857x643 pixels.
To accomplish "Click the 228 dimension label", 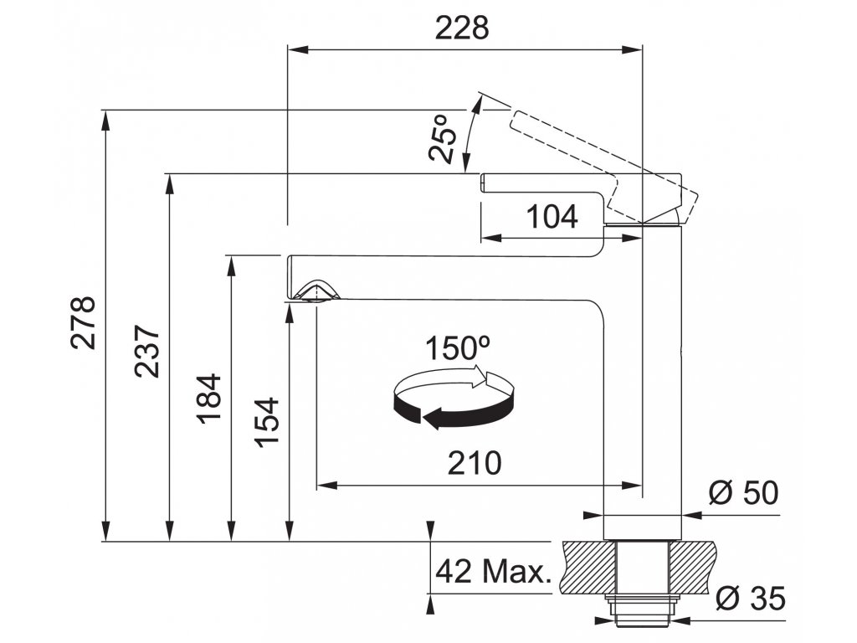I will (x=461, y=28).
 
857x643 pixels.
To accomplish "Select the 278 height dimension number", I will (x=83, y=322).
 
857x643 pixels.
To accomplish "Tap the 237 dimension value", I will (x=147, y=350).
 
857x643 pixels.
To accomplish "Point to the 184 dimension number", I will (x=209, y=397).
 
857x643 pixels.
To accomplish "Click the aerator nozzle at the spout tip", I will (x=316, y=291).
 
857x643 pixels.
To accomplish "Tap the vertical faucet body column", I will (x=644, y=377).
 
